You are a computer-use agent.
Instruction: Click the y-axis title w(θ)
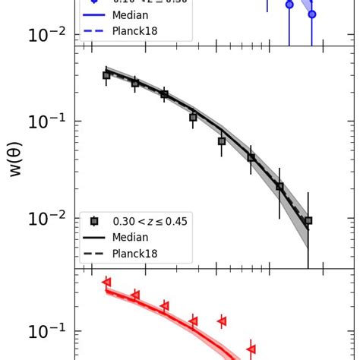click(15, 159)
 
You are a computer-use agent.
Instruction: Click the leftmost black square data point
click(106, 75)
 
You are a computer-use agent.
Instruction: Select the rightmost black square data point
click(308, 220)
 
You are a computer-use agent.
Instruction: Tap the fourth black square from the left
click(193, 117)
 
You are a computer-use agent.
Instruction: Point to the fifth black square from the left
click(222, 141)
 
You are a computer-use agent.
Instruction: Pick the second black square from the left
click(135, 84)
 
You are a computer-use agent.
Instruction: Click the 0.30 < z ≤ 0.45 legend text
click(150, 221)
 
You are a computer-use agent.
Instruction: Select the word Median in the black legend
click(130, 237)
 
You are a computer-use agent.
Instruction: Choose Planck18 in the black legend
click(135, 254)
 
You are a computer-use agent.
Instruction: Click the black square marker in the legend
click(95, 221)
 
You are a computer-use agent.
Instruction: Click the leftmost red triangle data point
click(106, 282)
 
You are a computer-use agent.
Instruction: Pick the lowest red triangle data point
click(251, 349)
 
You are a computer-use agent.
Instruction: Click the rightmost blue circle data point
click(311, 14)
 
